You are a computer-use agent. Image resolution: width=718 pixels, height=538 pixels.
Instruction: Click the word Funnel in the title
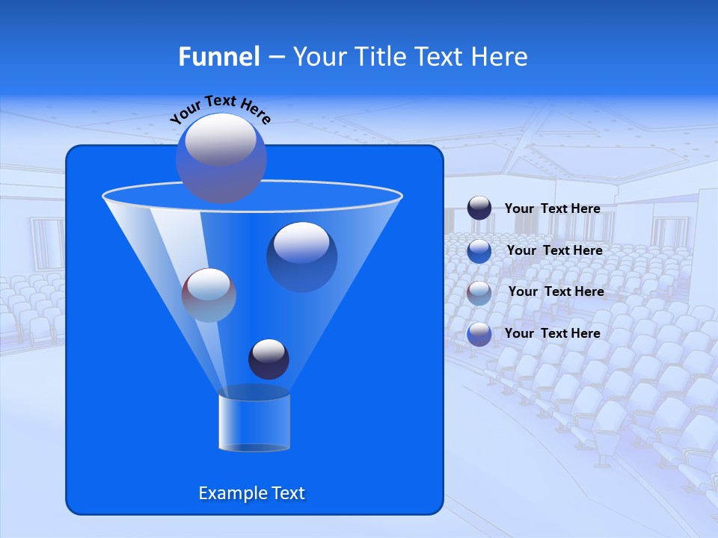point(218,57)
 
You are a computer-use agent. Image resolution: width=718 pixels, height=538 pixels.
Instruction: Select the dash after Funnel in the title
point(275,58)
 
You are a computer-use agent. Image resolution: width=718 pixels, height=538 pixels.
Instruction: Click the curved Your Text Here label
point(221,108)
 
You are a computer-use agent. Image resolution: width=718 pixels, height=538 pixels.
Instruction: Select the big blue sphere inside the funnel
point(301,256)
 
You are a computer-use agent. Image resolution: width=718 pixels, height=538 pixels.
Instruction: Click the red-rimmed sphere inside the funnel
point(209,294)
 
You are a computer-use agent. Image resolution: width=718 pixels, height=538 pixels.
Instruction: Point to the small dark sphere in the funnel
point(269,359)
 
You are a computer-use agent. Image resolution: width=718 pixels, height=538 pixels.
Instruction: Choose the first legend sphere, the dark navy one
point(479,208)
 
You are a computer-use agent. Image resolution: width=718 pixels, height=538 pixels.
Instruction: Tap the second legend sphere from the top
point(479,250)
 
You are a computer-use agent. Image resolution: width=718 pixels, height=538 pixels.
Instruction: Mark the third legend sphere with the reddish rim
point(479,292)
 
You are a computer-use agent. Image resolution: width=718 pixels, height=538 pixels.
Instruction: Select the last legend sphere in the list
point(479,333)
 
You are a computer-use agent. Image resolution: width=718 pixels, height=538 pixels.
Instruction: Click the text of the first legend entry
point(552,208)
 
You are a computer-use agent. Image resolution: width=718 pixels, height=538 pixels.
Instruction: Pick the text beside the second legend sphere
point(554,250)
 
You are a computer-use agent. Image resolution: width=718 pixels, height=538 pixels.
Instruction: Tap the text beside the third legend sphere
point(556,291)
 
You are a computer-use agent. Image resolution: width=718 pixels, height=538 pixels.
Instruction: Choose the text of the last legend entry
point(552,333)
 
